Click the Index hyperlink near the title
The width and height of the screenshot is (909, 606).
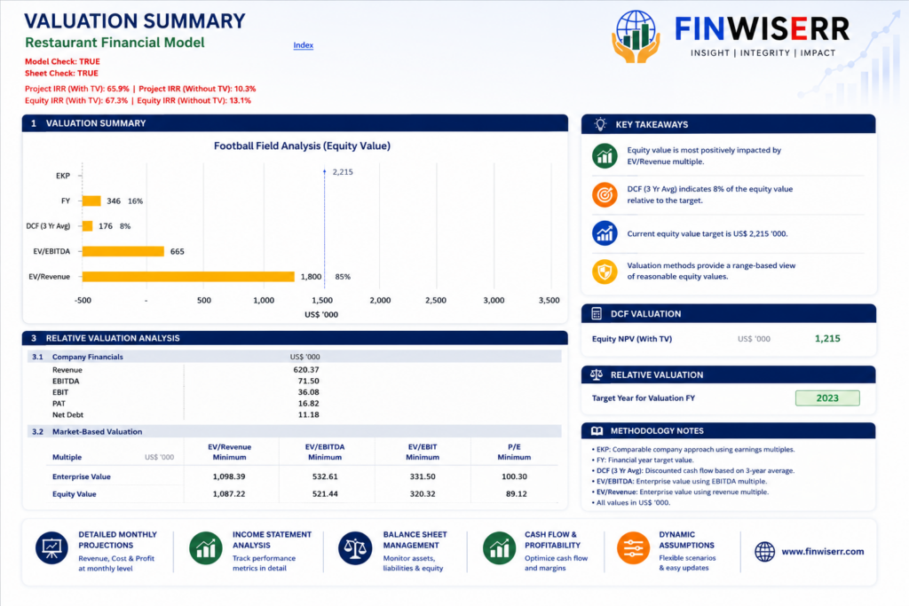pos(304,45)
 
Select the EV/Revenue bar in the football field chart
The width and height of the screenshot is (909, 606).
pos(188,277)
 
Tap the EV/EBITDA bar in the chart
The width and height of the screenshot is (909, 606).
pos(123,251)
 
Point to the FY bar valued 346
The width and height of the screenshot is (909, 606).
pos(91,201)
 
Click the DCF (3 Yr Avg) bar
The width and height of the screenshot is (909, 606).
pos(88,226)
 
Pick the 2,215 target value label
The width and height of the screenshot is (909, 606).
pos(343,172)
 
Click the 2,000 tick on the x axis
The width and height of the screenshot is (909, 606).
pos(380,300)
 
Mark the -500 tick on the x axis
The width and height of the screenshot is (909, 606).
pos(83,300)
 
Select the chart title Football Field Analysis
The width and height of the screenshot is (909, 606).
pos(302,146)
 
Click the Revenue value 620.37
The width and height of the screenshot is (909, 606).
pos(306,370)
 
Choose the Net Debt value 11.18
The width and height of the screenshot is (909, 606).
pos(308,415)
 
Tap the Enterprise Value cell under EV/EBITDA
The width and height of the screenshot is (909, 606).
pos(325,476)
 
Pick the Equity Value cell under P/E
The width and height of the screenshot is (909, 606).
pos(516,494)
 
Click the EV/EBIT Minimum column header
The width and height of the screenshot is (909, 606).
pos(423,452)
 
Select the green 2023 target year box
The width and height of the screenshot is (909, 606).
pos(827,398)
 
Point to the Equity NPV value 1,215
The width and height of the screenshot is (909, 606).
pos(827,339)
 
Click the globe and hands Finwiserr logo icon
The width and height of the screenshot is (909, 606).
pos(636,35)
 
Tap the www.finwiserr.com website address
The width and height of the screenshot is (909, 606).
pos(823,552)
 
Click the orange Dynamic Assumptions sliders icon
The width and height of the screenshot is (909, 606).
pos(633,548)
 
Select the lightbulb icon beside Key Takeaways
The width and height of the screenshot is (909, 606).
pos(601,124)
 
